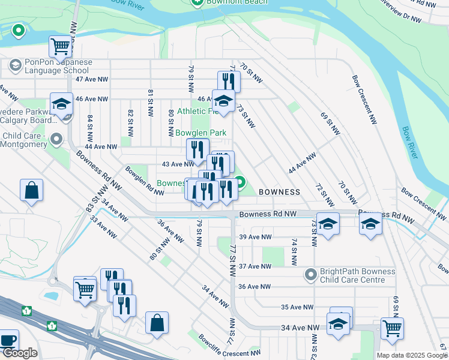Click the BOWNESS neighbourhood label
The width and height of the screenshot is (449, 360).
tap(279, 192)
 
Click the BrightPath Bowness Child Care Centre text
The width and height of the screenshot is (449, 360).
tap(358, 275)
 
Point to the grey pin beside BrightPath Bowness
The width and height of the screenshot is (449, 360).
tap(311, 275)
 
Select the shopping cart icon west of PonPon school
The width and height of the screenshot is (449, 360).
tap(60, 46)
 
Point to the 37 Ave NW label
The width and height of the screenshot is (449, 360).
tap(255, 266)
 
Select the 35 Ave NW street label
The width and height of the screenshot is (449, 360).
tap(297, 307)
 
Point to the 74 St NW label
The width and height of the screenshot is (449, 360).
tap(294, 252)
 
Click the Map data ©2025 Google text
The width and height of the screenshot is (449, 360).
tap(412, 355)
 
